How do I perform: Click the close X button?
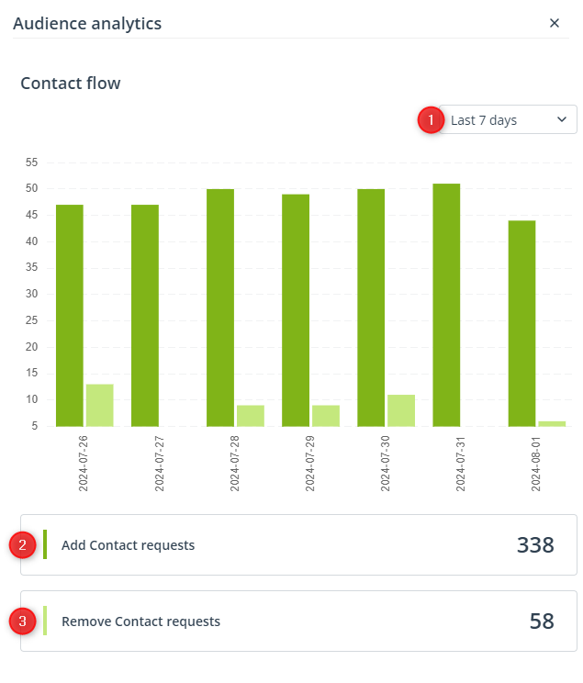[x=555, y=23]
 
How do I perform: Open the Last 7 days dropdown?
[x=508, y=119]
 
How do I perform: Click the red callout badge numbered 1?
[x=431, y=119]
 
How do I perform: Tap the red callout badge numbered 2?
[x=22, y=544]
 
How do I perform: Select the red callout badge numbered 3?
[x=22, y=621]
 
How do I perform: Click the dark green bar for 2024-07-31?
[x=446, y=305]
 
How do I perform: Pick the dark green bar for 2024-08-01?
[x=522, y=324]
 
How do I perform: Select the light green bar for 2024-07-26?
[x=100, y=405]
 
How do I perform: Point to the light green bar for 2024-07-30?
[x=401, y=410]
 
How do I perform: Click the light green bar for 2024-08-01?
[x=552, y=424]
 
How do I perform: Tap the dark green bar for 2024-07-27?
[x=145, y=316]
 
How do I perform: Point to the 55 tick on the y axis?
[x=32, y=162]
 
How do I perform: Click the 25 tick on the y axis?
[x=32, y=320]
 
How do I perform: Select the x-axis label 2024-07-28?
[x=234, y=464]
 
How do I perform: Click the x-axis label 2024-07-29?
[x=309, y=464]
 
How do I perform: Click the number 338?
[x=535, y=545]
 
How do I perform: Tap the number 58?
[x=542, y=621]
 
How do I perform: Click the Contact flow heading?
[x=71, y=84]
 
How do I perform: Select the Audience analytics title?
[x=87, y=24]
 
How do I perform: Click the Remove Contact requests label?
[x=140, y=621]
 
